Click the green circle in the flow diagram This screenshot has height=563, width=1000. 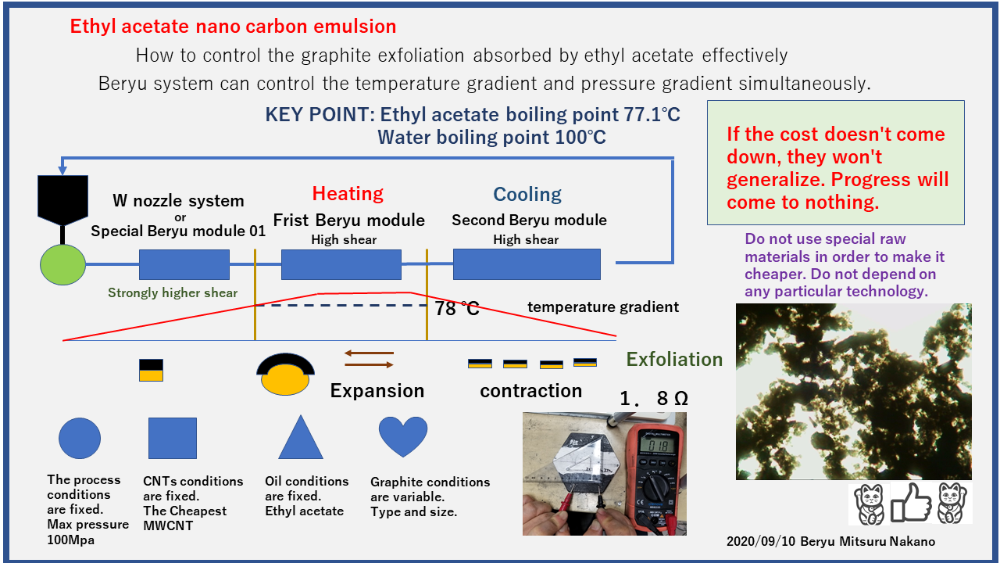tap(63, 264)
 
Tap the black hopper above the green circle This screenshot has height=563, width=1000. tap(63, 199)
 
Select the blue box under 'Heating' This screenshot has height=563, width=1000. tap(341, 264)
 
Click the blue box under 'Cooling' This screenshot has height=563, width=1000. tap(527, 264)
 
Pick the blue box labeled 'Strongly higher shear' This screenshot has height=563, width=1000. tap(184, 264)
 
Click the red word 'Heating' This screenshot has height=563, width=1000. tap(348, 193)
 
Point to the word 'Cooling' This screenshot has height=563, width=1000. tap(527, 195)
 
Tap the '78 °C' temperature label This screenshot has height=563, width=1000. tap(457, 308)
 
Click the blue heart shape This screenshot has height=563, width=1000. tap(403, 436)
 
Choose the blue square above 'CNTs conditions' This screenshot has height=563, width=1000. tap(173, 439)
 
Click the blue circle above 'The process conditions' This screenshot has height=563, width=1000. tap(80, 439)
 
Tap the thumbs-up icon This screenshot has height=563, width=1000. tap(911, 503)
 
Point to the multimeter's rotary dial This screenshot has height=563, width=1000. tap(655, 489)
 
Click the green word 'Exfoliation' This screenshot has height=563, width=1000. tap(674, 359)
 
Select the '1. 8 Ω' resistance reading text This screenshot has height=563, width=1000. tap(654, 398)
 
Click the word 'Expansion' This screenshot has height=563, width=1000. tap(377, 391)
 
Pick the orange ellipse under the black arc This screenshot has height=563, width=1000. tap(285, 379)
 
